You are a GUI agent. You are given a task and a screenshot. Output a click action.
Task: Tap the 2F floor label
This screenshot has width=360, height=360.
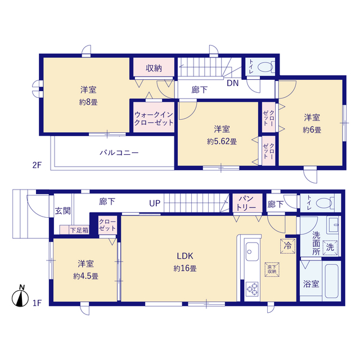[37, 165]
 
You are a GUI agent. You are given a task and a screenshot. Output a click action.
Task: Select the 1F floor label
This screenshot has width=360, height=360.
[37, 303]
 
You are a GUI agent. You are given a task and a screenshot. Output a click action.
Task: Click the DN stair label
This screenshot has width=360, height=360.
[232, 83]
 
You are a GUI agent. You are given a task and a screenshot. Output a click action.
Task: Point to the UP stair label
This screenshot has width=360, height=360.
[155, 203]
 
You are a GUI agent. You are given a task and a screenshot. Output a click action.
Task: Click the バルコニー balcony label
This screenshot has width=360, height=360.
[119, 152]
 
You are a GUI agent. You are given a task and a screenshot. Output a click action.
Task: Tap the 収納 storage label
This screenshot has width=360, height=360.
[154, 68]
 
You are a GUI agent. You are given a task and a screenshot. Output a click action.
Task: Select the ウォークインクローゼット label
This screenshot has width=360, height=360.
[154, 119]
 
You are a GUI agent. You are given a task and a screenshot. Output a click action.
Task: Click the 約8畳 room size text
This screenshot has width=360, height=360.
[88, 102]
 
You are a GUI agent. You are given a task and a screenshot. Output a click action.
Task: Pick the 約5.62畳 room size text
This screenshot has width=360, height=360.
[222, 141]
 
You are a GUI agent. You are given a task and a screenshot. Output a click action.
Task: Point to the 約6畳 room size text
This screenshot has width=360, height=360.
[312, 130]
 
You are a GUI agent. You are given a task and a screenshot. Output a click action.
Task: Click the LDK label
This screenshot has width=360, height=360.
[185, 256]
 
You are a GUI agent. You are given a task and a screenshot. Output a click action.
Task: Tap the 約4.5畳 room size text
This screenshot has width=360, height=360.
[85, 276]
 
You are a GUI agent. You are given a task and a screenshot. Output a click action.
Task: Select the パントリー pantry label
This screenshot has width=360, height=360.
[246, 203]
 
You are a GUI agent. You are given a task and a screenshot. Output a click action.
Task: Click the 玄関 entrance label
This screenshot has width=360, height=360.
[62, 211]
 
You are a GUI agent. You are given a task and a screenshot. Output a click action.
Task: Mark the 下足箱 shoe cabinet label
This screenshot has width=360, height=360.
[79, 230]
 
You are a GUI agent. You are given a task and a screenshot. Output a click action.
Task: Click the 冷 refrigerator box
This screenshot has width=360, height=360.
[287, 246]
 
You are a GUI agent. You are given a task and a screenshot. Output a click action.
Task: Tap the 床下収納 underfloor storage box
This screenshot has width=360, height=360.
[272, 269]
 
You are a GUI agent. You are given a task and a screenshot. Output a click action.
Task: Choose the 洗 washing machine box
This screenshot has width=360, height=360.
[330, 247]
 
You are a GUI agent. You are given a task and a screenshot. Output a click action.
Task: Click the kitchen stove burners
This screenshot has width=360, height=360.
[252, 289]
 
